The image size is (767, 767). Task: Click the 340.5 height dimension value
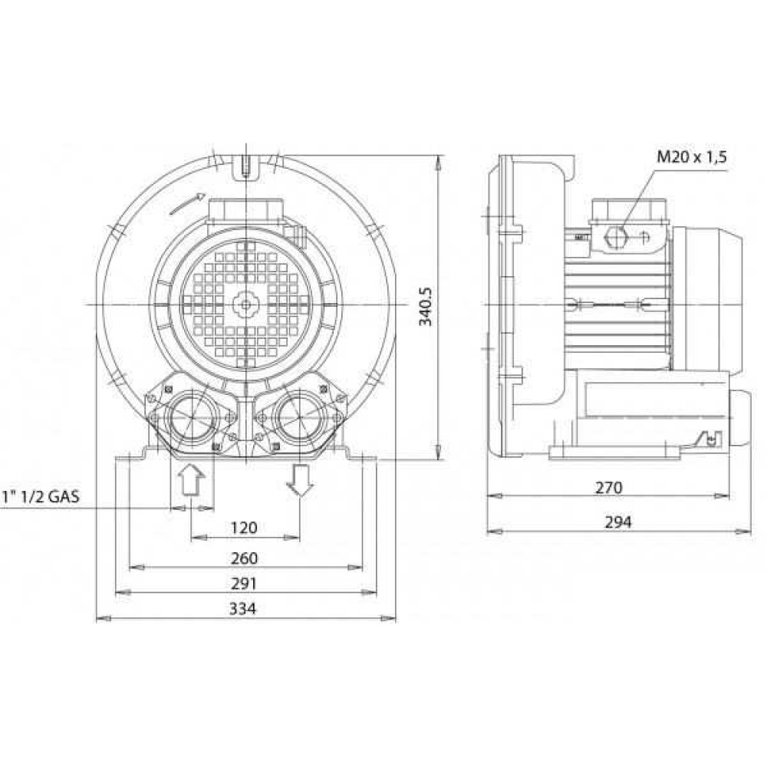[426, 307]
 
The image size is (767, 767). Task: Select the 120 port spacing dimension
[244, 528]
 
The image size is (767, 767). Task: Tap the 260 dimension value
[244, 558]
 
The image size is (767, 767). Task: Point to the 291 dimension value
[244, 584]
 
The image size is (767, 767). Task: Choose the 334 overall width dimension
[243, 609]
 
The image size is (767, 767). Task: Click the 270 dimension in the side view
[609, 488]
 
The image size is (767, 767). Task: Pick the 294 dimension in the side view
[618, 522]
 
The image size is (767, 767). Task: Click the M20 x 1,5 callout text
[692, 157]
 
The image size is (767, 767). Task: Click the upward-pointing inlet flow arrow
[191, 480]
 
